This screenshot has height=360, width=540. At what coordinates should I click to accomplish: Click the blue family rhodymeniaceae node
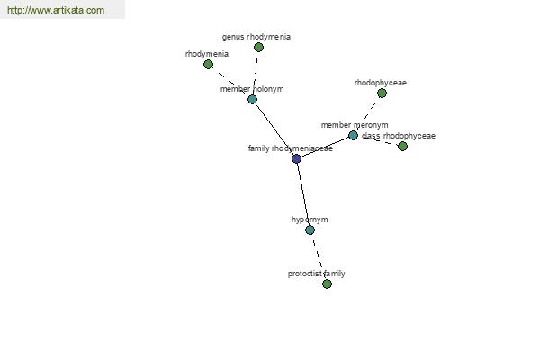click(x=296, y=158)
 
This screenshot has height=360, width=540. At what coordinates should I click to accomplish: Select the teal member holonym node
click(x=252, y=100)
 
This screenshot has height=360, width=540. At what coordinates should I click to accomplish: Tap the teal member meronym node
click(x=353, y=135)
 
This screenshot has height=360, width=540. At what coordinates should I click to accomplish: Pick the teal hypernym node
click(x=310, y=229)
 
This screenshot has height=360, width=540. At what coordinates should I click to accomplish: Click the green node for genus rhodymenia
click(x=258, y=47)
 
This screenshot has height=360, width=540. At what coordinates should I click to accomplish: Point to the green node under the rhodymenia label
click(x=209, y=65)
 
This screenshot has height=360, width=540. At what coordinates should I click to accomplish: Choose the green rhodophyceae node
click(x=382, y=94)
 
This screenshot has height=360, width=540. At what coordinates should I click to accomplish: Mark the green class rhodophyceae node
click(x=402, y=147)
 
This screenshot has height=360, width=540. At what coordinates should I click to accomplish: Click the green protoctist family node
click(x=328, y=283)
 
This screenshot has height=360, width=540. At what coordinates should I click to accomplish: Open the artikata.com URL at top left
click(x=56, y=10)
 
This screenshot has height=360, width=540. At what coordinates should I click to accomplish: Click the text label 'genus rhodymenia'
click(x=256, y=37)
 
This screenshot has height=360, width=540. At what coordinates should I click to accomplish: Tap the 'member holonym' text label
click(x=252, y=89)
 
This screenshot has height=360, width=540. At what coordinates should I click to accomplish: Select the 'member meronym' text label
click(x=355, y=125)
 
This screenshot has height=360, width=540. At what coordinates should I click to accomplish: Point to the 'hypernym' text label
click(x=310, y=220)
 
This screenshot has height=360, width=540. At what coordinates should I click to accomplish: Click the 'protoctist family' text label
click(x=317, y=274)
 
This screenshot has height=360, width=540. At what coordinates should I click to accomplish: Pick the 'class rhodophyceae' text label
click(x=399, y=136)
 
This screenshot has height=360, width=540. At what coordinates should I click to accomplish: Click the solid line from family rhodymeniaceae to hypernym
click(x=303, y=194)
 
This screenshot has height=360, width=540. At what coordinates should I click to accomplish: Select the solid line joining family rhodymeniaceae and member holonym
click(x=274, y=130)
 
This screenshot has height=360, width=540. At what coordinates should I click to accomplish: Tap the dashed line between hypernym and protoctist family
click(x=319, y=257)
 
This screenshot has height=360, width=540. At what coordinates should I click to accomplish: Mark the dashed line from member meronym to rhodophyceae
click(x=367, y=114)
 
